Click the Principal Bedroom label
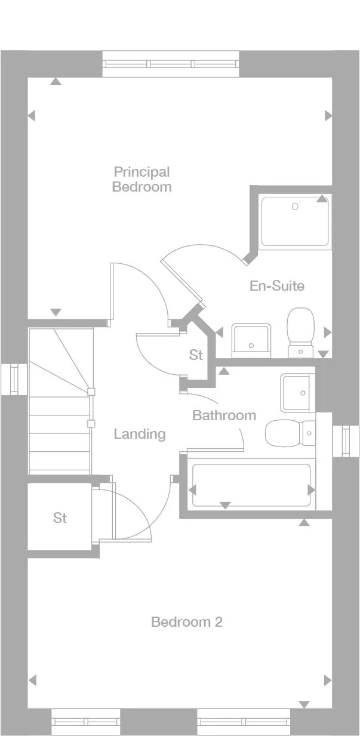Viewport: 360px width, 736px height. pyautogui.click(x=142, y=179)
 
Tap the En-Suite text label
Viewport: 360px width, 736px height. pyautogui.click(x=276, y=286)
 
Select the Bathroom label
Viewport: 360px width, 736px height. pyautogui.click(x=224, y=415)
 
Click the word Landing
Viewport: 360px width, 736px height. pyautogui.click(x=140, y=434)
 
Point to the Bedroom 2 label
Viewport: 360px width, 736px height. pyautogui.click(x=186, y=622)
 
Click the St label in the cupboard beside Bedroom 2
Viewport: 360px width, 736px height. pyautogui.click(x=60, y=518)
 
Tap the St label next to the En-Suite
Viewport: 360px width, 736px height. pyautogui.click(x=196, y=355)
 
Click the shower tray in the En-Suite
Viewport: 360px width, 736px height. pyautogui.click(x=295, y=221)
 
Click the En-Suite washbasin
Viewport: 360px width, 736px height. pyautogui.click(x=251, y=338)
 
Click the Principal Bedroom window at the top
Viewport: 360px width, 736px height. pyautogui.click(x=171, y=64)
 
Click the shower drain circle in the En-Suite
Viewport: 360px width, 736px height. pyautogui.click(x=295, y=207)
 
